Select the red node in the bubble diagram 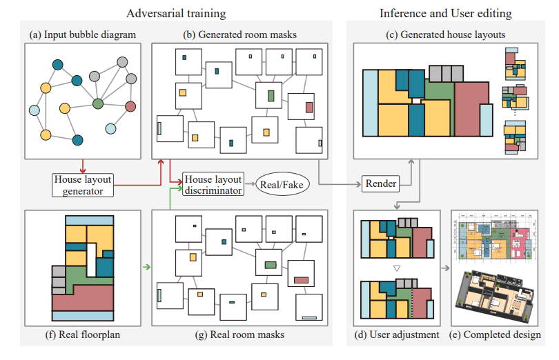130,106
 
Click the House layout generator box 83,185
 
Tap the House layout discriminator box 213,185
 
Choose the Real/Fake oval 282,185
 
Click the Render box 380,184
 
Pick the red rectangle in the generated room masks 308,108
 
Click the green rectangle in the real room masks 270,264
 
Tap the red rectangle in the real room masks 301,280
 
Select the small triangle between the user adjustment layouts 395,268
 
